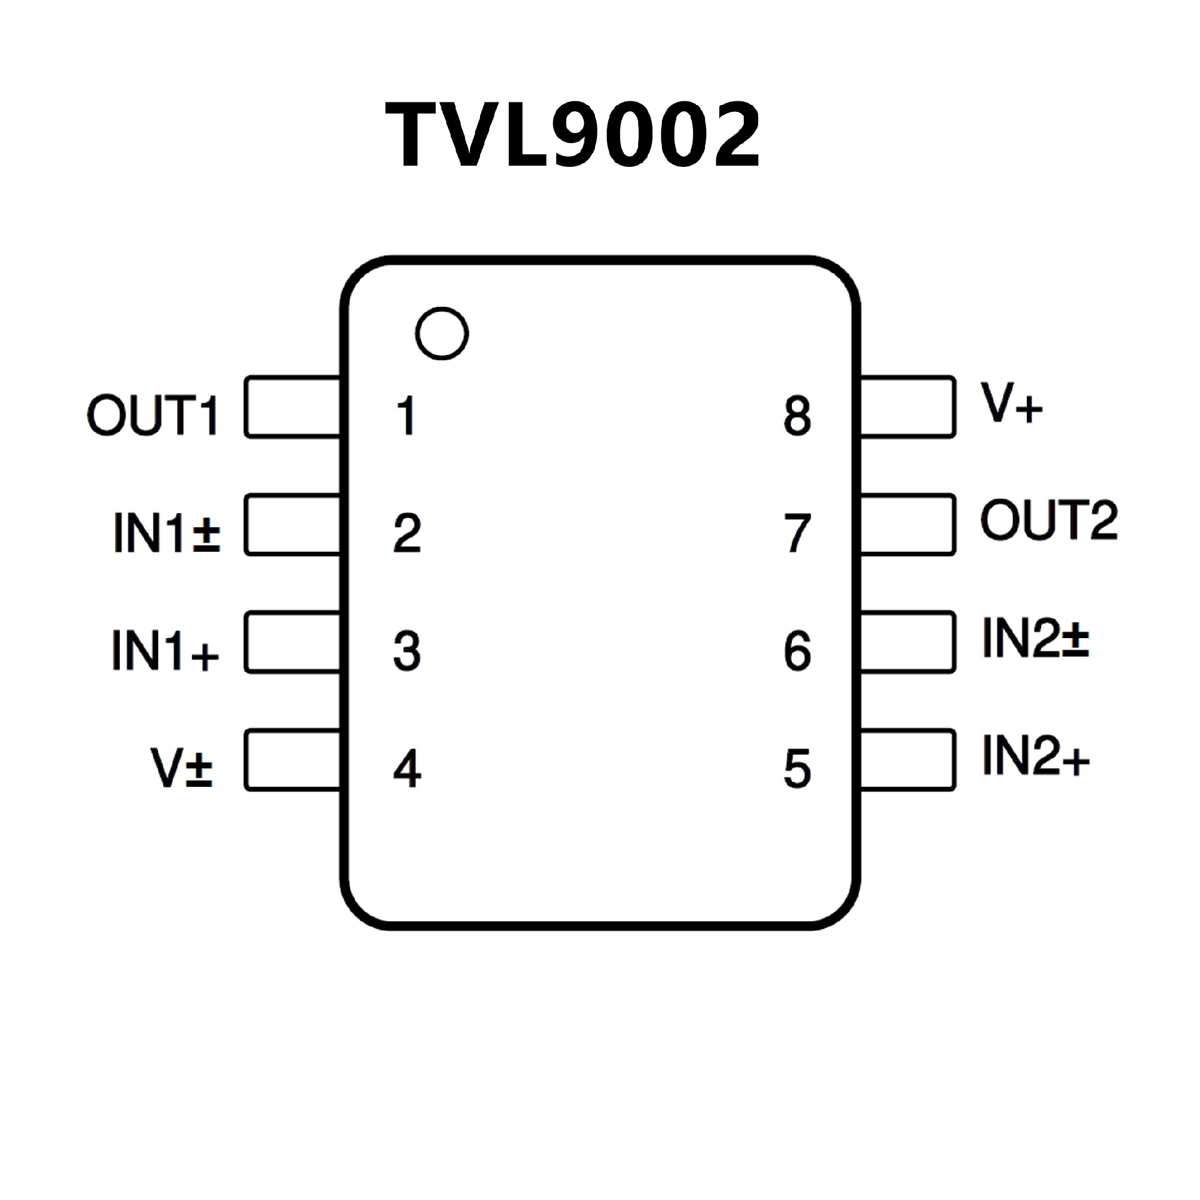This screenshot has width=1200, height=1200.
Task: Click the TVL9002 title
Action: (572, 136)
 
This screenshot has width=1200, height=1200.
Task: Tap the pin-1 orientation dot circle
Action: (442, 333)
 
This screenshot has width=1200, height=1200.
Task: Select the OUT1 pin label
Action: (153, 414)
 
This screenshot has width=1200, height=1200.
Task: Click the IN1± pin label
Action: (167, 532)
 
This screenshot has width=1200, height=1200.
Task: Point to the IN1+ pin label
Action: (166, 650)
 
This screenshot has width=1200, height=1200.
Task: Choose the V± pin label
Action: (182, 767)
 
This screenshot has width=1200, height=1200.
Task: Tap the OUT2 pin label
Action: (1049, 520)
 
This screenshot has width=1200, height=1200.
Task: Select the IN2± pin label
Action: (1036, 637)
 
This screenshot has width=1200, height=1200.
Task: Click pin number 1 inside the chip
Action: (407, 415)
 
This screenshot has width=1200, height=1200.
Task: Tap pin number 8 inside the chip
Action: (797, 416)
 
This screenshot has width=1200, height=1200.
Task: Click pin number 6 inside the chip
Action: (797, 651)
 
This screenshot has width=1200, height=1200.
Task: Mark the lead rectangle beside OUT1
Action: (292, 407)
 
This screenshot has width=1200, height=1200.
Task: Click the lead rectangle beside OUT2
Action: (907, 524)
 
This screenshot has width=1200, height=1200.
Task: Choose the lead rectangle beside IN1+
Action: (292, 642)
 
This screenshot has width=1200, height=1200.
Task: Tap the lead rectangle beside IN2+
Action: (907, 760)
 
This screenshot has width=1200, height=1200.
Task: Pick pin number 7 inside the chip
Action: (797, 533)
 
